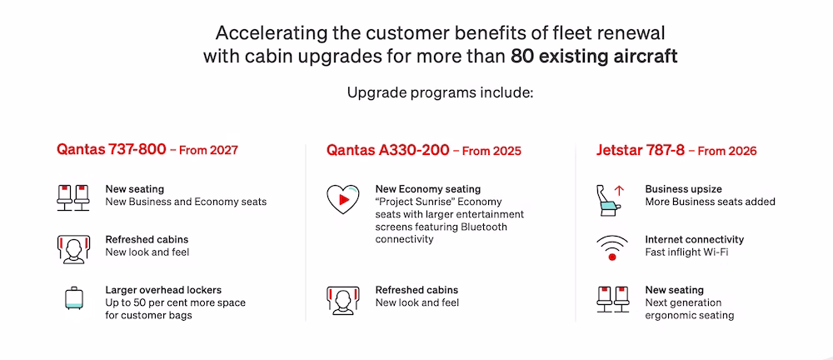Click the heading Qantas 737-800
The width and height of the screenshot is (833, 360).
pyautogui.click(x=111, y=150)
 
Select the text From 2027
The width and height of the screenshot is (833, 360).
pyautogui.click(x=208, y=151)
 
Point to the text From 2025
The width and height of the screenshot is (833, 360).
pyautogui.click(x=492, y=151)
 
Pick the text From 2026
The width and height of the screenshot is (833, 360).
pyautogui.click(x=726, y=151)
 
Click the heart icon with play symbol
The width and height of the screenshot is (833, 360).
pyautogui.click(x=342, y=199)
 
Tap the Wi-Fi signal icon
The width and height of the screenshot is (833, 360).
pyautogui.click(x=612, y=248)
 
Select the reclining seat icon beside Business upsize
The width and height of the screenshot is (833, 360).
pyautogui.click(x=611, y=200)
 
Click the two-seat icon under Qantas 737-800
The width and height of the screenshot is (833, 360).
pyautogui.click(x=73, y=197)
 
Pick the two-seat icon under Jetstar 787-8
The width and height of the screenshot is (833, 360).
pyautogui.click(x=612, y=299)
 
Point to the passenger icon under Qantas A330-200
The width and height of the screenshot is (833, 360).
pyautogui.click(x=342, y=299)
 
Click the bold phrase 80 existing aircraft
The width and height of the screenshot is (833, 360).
pyautogui.click(x=594, y=57)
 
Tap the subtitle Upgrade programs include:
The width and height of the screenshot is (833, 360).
pyautogui.click(x=440, y=93)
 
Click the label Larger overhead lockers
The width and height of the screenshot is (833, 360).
pyautogui.click(x=163, y=290)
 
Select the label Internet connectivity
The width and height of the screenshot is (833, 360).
pyautogui.click(x=695, y=240)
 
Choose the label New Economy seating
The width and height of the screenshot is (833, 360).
pyautogui.click(x=427, y=189)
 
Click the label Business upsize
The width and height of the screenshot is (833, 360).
pyautogui.click(x=683, y=189)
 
